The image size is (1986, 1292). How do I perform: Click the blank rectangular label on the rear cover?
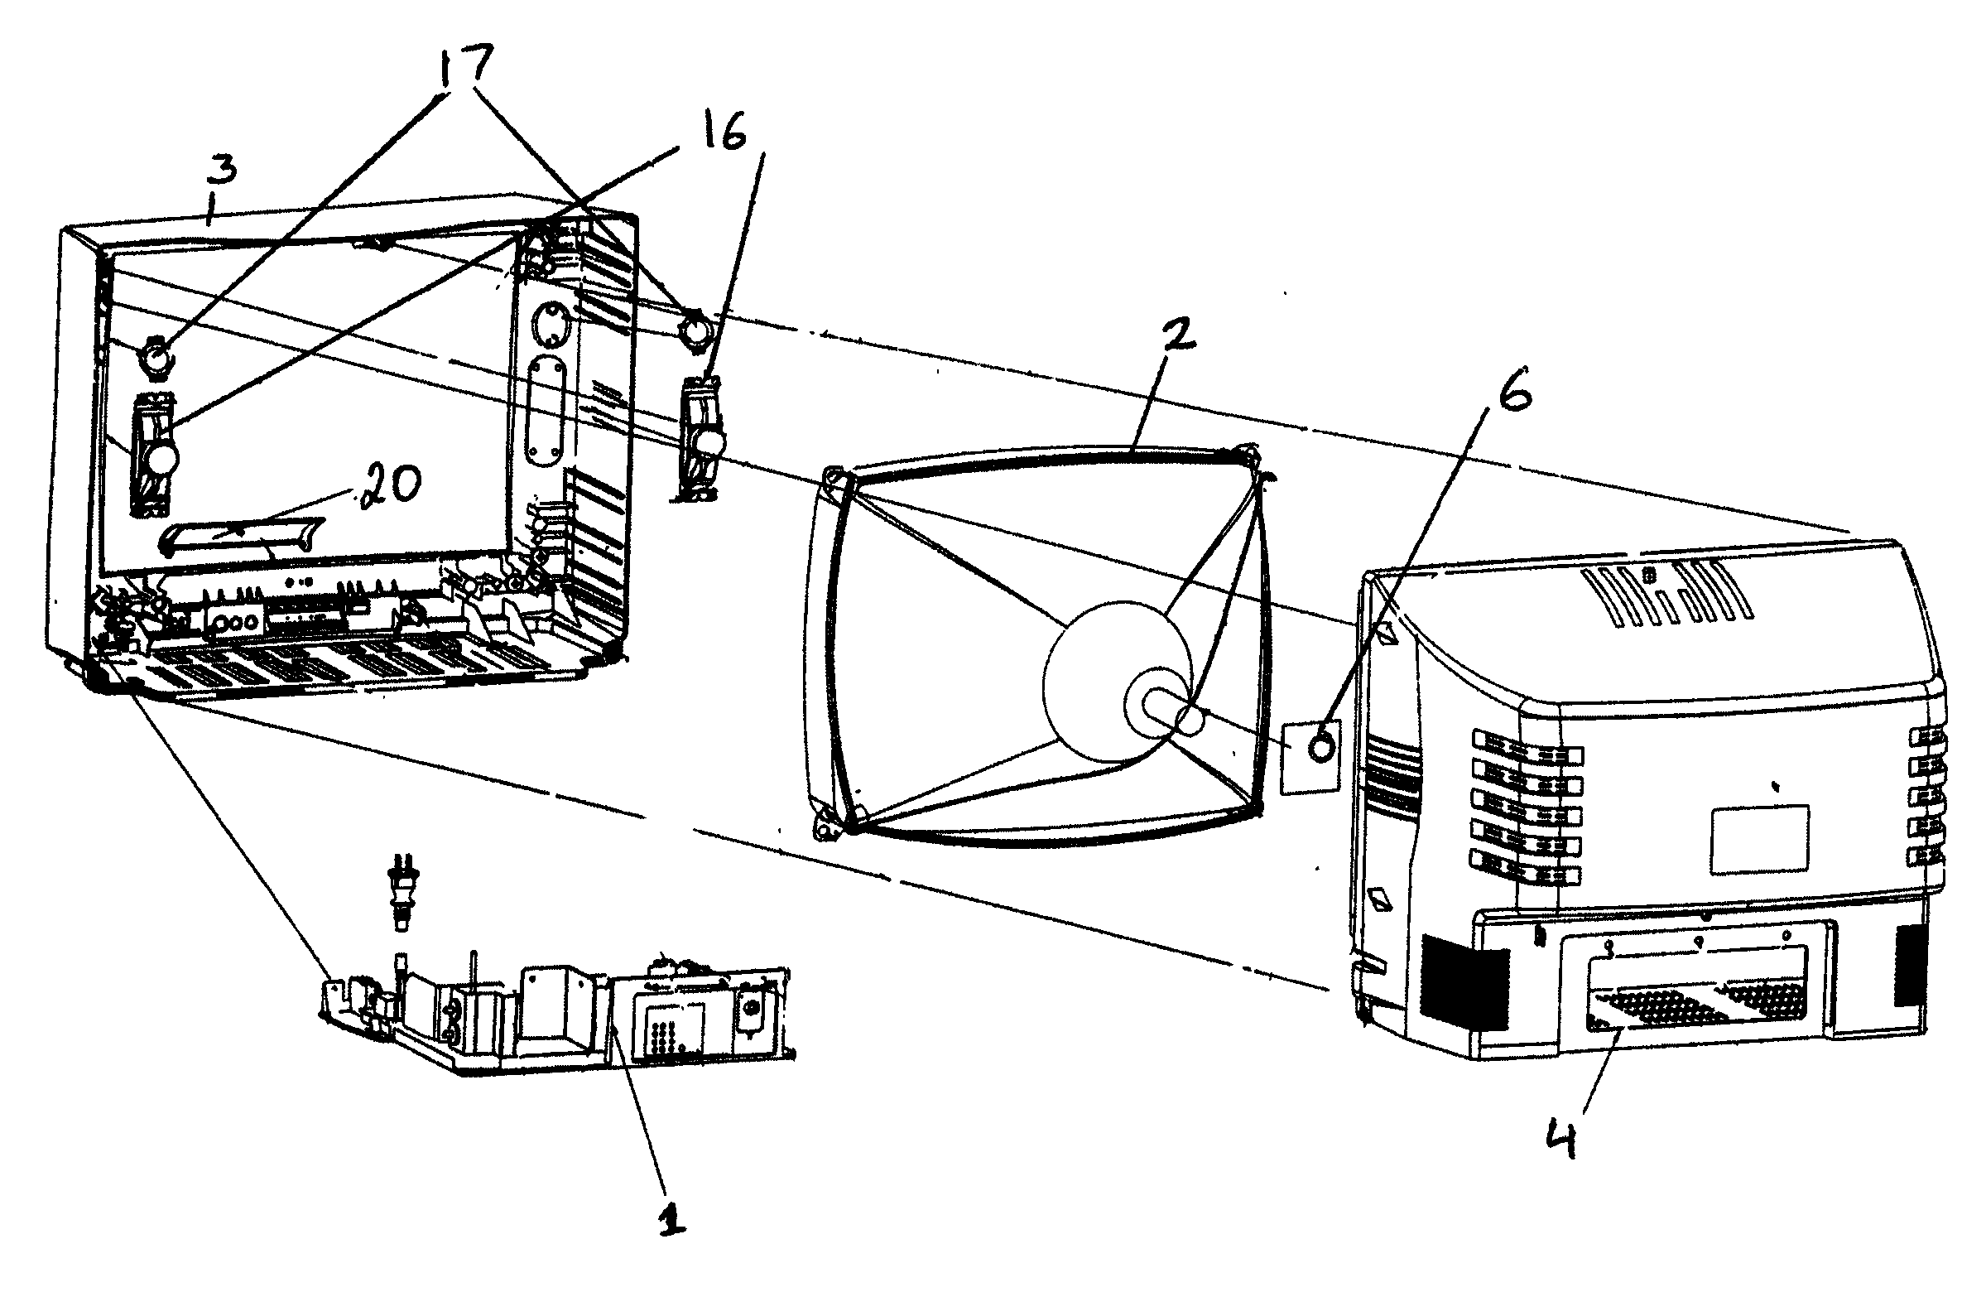[x=1760, y=840]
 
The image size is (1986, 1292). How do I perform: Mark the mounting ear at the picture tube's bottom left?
[x=825, y=827]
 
